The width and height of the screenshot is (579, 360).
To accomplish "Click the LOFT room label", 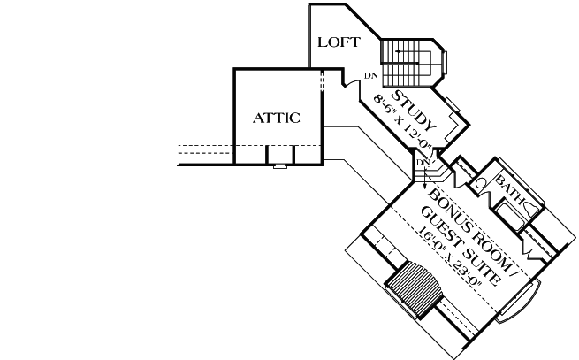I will point(338,42).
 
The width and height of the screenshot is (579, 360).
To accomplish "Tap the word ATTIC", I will point(277,117).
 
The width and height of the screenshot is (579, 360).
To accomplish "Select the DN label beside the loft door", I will point(371,76).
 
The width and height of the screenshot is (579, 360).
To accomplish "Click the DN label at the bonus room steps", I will point(423,162).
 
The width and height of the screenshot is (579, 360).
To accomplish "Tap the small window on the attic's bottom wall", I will point(279,165).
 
